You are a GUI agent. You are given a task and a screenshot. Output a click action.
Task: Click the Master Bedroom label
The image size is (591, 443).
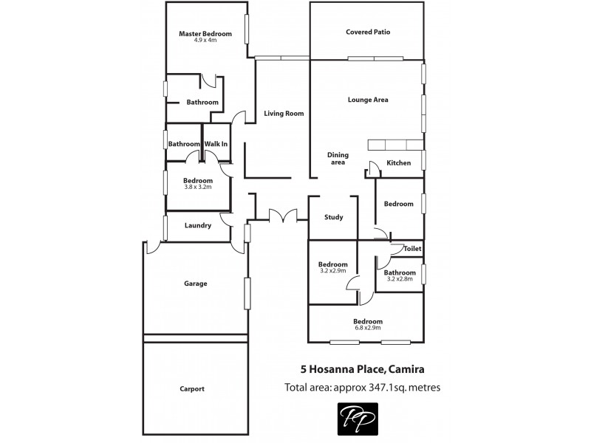[205, 34]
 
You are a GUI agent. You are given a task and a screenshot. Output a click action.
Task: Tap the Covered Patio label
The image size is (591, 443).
[367, 32]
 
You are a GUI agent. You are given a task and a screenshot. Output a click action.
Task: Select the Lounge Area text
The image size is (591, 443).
[367, 100]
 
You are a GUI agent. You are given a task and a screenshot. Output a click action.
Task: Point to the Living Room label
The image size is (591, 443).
[284, 114]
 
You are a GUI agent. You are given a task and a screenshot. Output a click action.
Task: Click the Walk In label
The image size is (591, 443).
[216, 144]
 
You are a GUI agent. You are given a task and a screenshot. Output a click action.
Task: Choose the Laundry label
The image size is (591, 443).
[197, 226]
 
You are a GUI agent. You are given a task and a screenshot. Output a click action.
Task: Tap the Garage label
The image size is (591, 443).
[195, 284]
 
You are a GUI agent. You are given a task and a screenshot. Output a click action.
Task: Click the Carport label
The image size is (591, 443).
[191, 389]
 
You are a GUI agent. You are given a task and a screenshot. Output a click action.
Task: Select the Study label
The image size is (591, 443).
[333, 218]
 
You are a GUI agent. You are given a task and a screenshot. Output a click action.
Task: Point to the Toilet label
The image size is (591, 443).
[411, 250]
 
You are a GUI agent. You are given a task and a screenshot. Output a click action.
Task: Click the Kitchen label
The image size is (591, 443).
[398, 163]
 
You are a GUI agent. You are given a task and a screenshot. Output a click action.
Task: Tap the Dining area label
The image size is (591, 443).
[338, 159]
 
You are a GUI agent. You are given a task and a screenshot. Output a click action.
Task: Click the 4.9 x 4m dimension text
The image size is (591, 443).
[205, 41]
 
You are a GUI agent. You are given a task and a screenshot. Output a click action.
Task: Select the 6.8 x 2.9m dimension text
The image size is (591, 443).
[367, 329]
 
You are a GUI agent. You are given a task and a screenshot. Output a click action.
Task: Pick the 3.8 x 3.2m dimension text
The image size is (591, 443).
[197, 188]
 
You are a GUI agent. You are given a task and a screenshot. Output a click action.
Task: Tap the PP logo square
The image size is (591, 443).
[358, 418]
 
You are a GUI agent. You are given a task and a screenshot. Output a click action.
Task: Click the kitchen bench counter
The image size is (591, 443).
[395, 145]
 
